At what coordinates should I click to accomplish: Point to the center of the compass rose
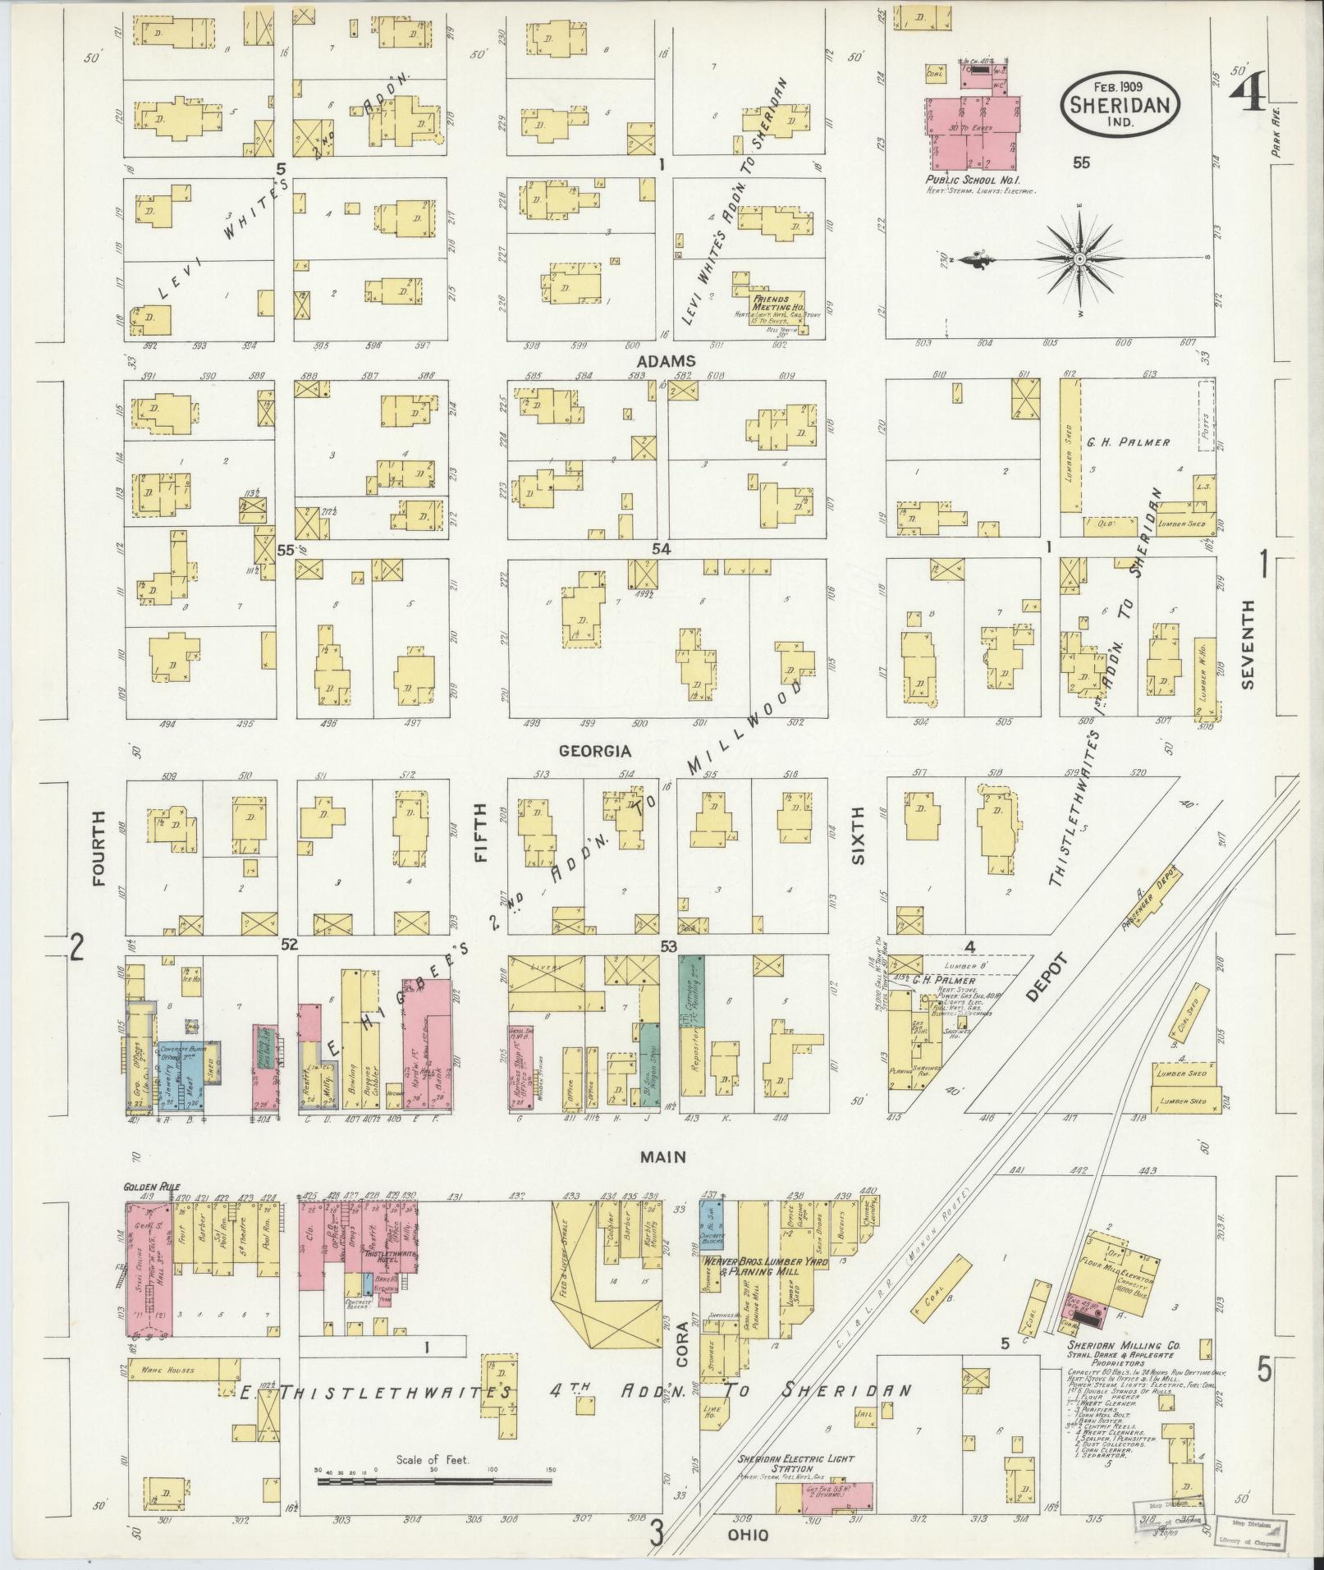(1080, 259)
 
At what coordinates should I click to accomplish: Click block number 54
(660, 548)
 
